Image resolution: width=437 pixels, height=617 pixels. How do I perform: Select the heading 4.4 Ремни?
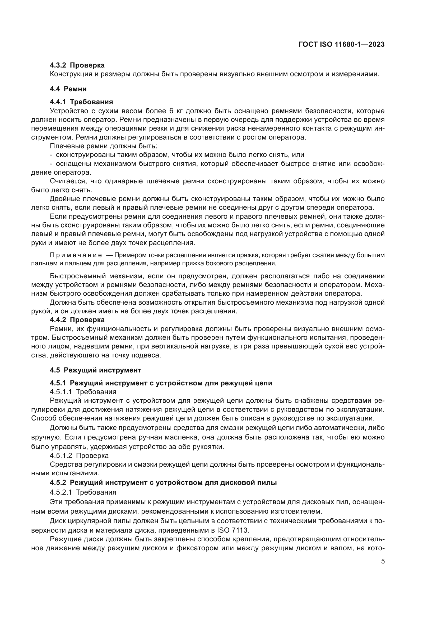(68, 89)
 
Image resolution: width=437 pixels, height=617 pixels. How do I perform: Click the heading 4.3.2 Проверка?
(77, 65)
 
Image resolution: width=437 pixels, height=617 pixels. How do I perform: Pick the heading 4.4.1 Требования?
(81, 102)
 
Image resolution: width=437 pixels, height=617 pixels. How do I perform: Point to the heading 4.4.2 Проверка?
(77, 320)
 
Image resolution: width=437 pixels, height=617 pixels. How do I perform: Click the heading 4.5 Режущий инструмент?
(96, 370)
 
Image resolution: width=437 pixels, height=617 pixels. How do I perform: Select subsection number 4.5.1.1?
(61, 392)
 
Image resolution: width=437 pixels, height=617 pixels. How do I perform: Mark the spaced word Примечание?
(76, 255)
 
